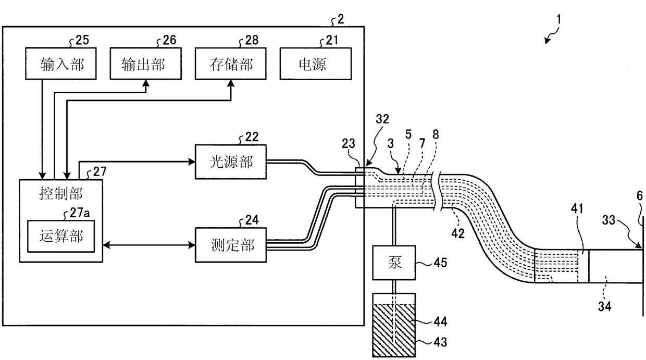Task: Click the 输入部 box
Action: point(61,64)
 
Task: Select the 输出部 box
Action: point(146,64)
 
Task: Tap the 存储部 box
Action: point(231,64)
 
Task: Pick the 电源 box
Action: point(316,64)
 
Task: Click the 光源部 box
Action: point(231,162)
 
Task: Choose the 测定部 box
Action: point(231,245)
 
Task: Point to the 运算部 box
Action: point(61,236)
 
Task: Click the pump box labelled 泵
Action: point(394,263)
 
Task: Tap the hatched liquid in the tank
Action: point(394,330)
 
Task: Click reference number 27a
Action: point(80,213)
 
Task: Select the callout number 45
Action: point(440,263)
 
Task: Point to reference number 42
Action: point(458,233)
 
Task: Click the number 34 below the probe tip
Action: point(604,306)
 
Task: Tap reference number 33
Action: point(608,220)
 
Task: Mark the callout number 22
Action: point(252,136)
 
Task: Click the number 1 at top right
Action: point(558,20)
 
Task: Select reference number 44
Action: point(440,321)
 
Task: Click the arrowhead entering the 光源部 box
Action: point(192,162)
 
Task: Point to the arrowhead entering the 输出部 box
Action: point(146,83)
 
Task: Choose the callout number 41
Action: point(577,208)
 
